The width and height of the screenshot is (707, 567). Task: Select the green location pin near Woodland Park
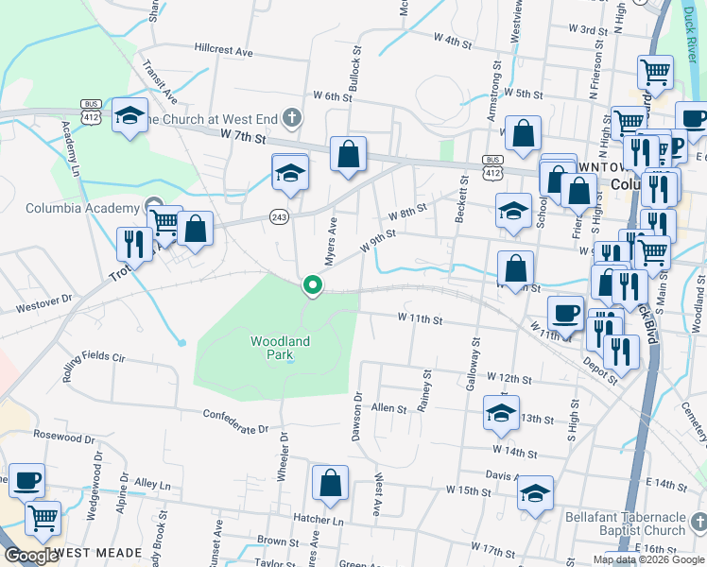point(312,284)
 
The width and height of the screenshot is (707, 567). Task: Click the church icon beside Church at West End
point(293,118)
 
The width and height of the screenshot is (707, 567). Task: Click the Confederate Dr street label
point(236,421)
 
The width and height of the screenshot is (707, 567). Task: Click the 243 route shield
point(280,215)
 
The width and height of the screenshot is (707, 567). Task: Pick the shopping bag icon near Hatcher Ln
point(330,482)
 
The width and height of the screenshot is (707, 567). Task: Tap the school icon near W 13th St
point(501,412)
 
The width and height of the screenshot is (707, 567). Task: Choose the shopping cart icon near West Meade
point(43,517)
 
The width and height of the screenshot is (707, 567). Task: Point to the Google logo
point(31,556)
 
